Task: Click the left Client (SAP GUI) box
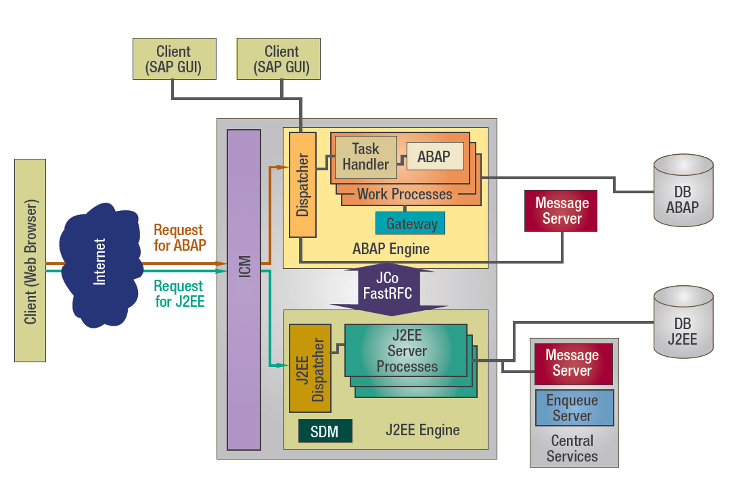coord(174,59)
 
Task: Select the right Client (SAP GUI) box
coord(278,59)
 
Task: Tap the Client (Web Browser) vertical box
coord(30,260)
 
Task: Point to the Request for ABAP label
coord(180,238)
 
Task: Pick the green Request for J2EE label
coord(180,294)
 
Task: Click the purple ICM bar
coord(244,290)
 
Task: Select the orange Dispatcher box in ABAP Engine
coord(302,185)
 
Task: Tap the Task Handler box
coord(366,157)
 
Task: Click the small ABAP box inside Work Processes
coord(434,156)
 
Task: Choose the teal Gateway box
coord(410,223)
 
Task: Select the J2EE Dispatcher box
coord(310,368)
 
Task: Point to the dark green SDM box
coord(325,431)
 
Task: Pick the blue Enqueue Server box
coord(574,408)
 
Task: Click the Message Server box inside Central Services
coord(573,363)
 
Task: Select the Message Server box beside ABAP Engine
coord(560,211)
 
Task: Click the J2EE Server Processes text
coord(407,351)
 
